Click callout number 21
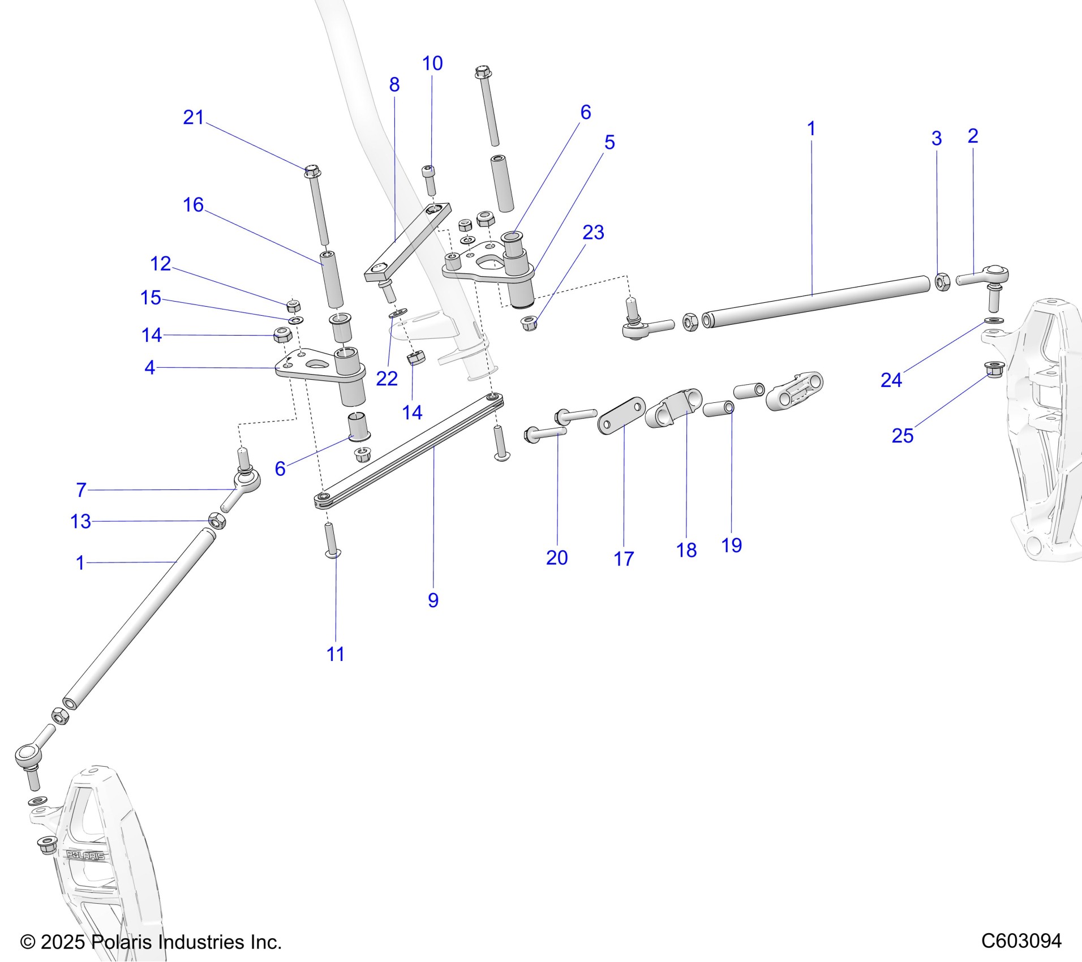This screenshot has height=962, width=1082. point(193,118)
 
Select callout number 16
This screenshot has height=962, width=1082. point(193,205)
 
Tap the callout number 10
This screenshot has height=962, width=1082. point(432,63)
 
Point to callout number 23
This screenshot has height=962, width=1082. point(593,233)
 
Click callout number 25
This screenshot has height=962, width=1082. point(902,436)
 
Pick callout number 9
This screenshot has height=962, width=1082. point(433,600)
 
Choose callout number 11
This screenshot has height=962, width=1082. point(335,654)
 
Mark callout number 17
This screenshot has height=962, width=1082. point(624,559)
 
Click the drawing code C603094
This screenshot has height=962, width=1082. point(1021,941)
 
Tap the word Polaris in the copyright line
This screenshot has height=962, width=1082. point(123,942)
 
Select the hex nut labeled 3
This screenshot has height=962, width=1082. point(942,282)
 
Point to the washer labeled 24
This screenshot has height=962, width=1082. point(994,321)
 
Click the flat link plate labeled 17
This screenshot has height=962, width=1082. point(621,416)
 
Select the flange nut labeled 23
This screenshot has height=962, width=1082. point(529,324)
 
